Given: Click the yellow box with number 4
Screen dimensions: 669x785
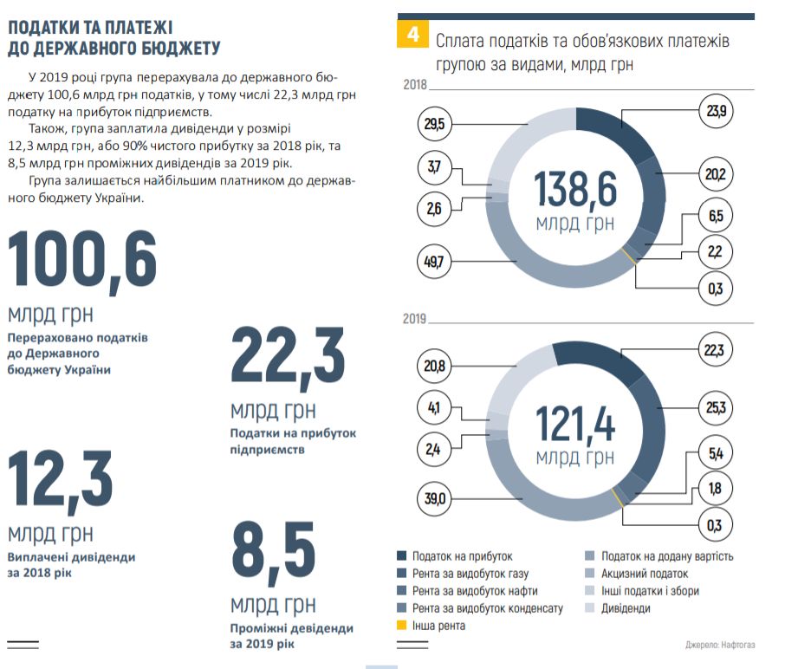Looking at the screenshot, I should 411,36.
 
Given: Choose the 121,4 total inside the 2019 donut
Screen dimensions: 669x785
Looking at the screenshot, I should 574,425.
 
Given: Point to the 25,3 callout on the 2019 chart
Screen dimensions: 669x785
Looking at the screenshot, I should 715,406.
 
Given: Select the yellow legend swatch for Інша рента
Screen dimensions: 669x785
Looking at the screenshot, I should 402,626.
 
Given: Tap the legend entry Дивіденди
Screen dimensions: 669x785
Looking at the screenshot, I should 626,608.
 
